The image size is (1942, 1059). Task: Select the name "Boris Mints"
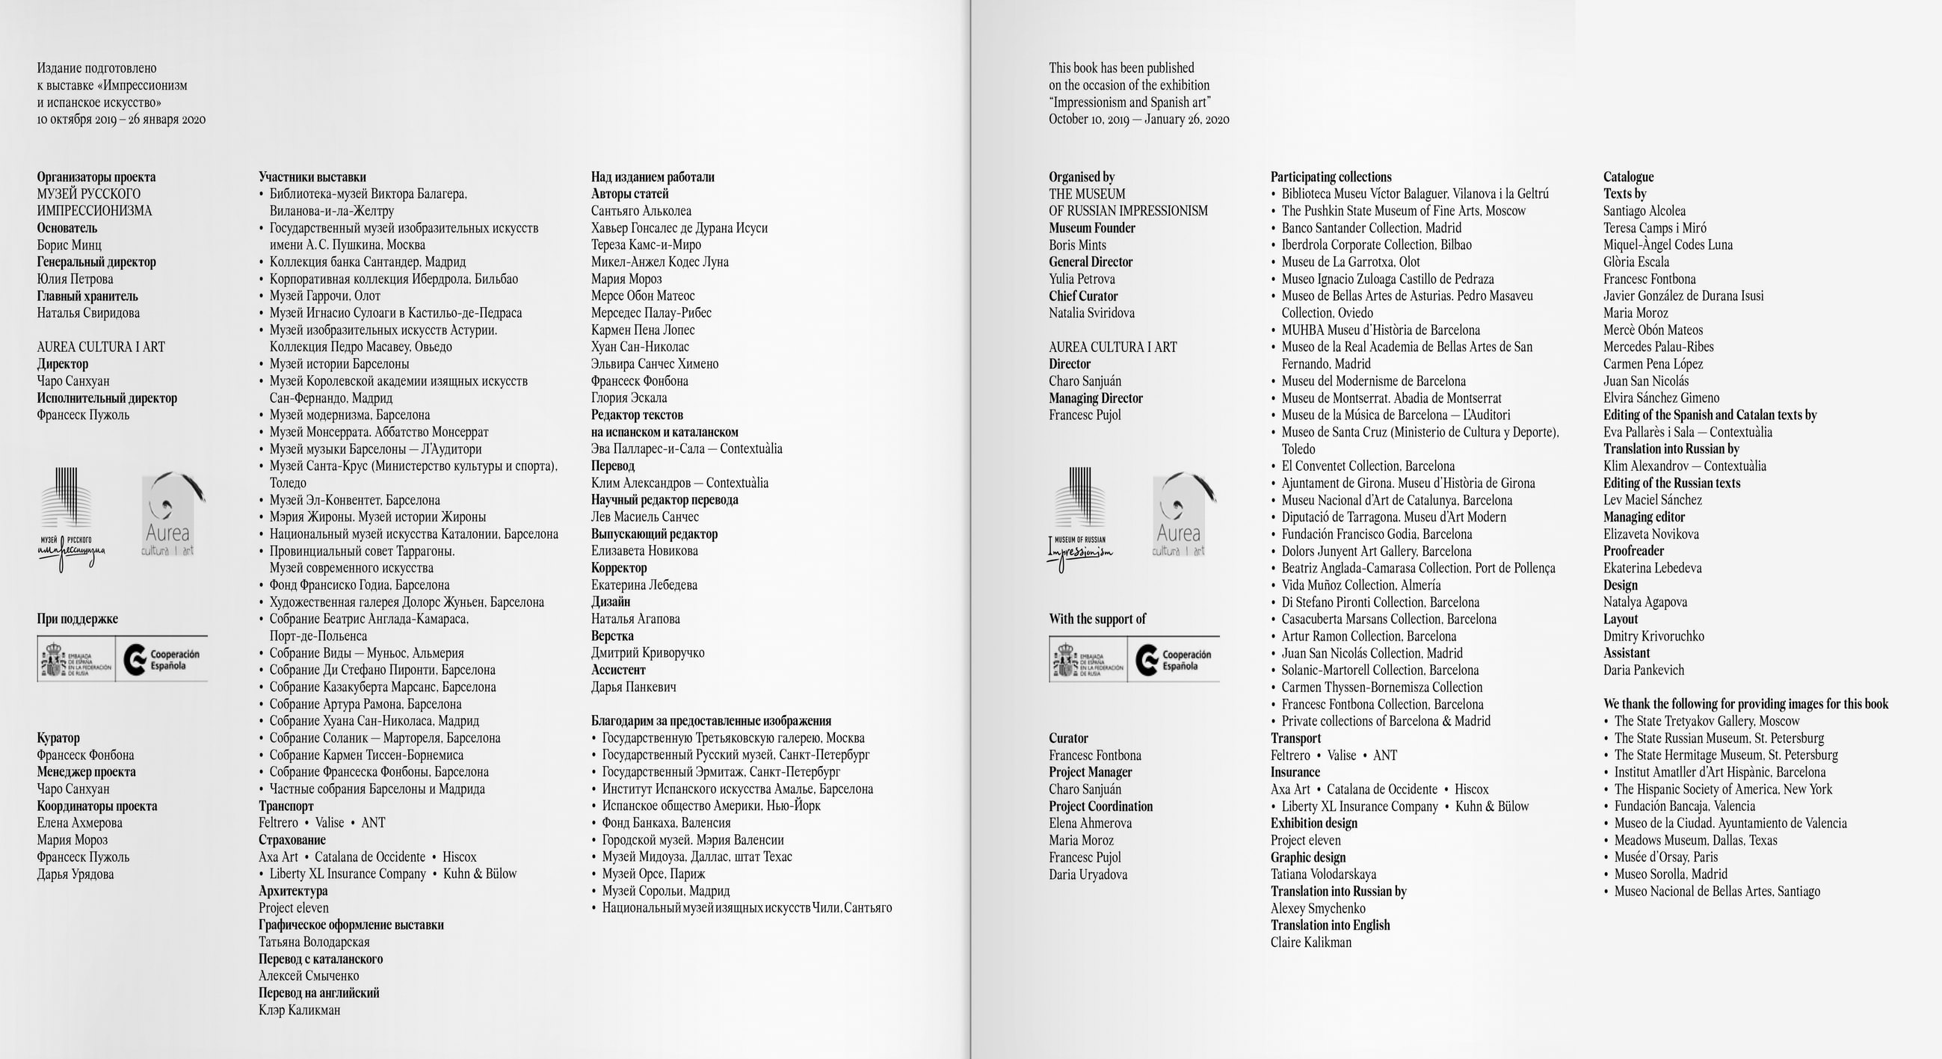pos(1077,245)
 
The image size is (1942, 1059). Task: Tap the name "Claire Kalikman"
pos(1310,942)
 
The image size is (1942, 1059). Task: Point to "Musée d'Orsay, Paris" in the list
pos(1665,857)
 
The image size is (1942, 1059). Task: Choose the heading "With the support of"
pos(1097,619)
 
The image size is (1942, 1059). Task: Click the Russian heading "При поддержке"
pos(78,619)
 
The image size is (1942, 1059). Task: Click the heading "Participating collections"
pos(1331,177)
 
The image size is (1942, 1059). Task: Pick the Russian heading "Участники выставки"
pos(312,177)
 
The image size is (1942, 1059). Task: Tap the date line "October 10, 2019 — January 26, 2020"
pos(1138,119)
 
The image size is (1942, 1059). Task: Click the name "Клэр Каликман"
pos(299,1010)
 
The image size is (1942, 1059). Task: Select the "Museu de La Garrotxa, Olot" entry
pos(1350,262)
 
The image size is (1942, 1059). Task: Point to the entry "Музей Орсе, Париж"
pos(653,874)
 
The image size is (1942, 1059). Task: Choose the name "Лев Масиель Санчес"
pos(644,517)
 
